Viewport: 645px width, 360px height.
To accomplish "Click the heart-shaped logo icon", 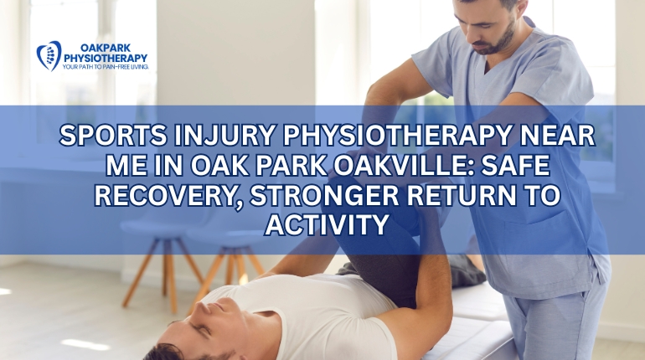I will coord(49,55).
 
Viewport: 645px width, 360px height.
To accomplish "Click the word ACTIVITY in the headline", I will coord(322,224).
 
